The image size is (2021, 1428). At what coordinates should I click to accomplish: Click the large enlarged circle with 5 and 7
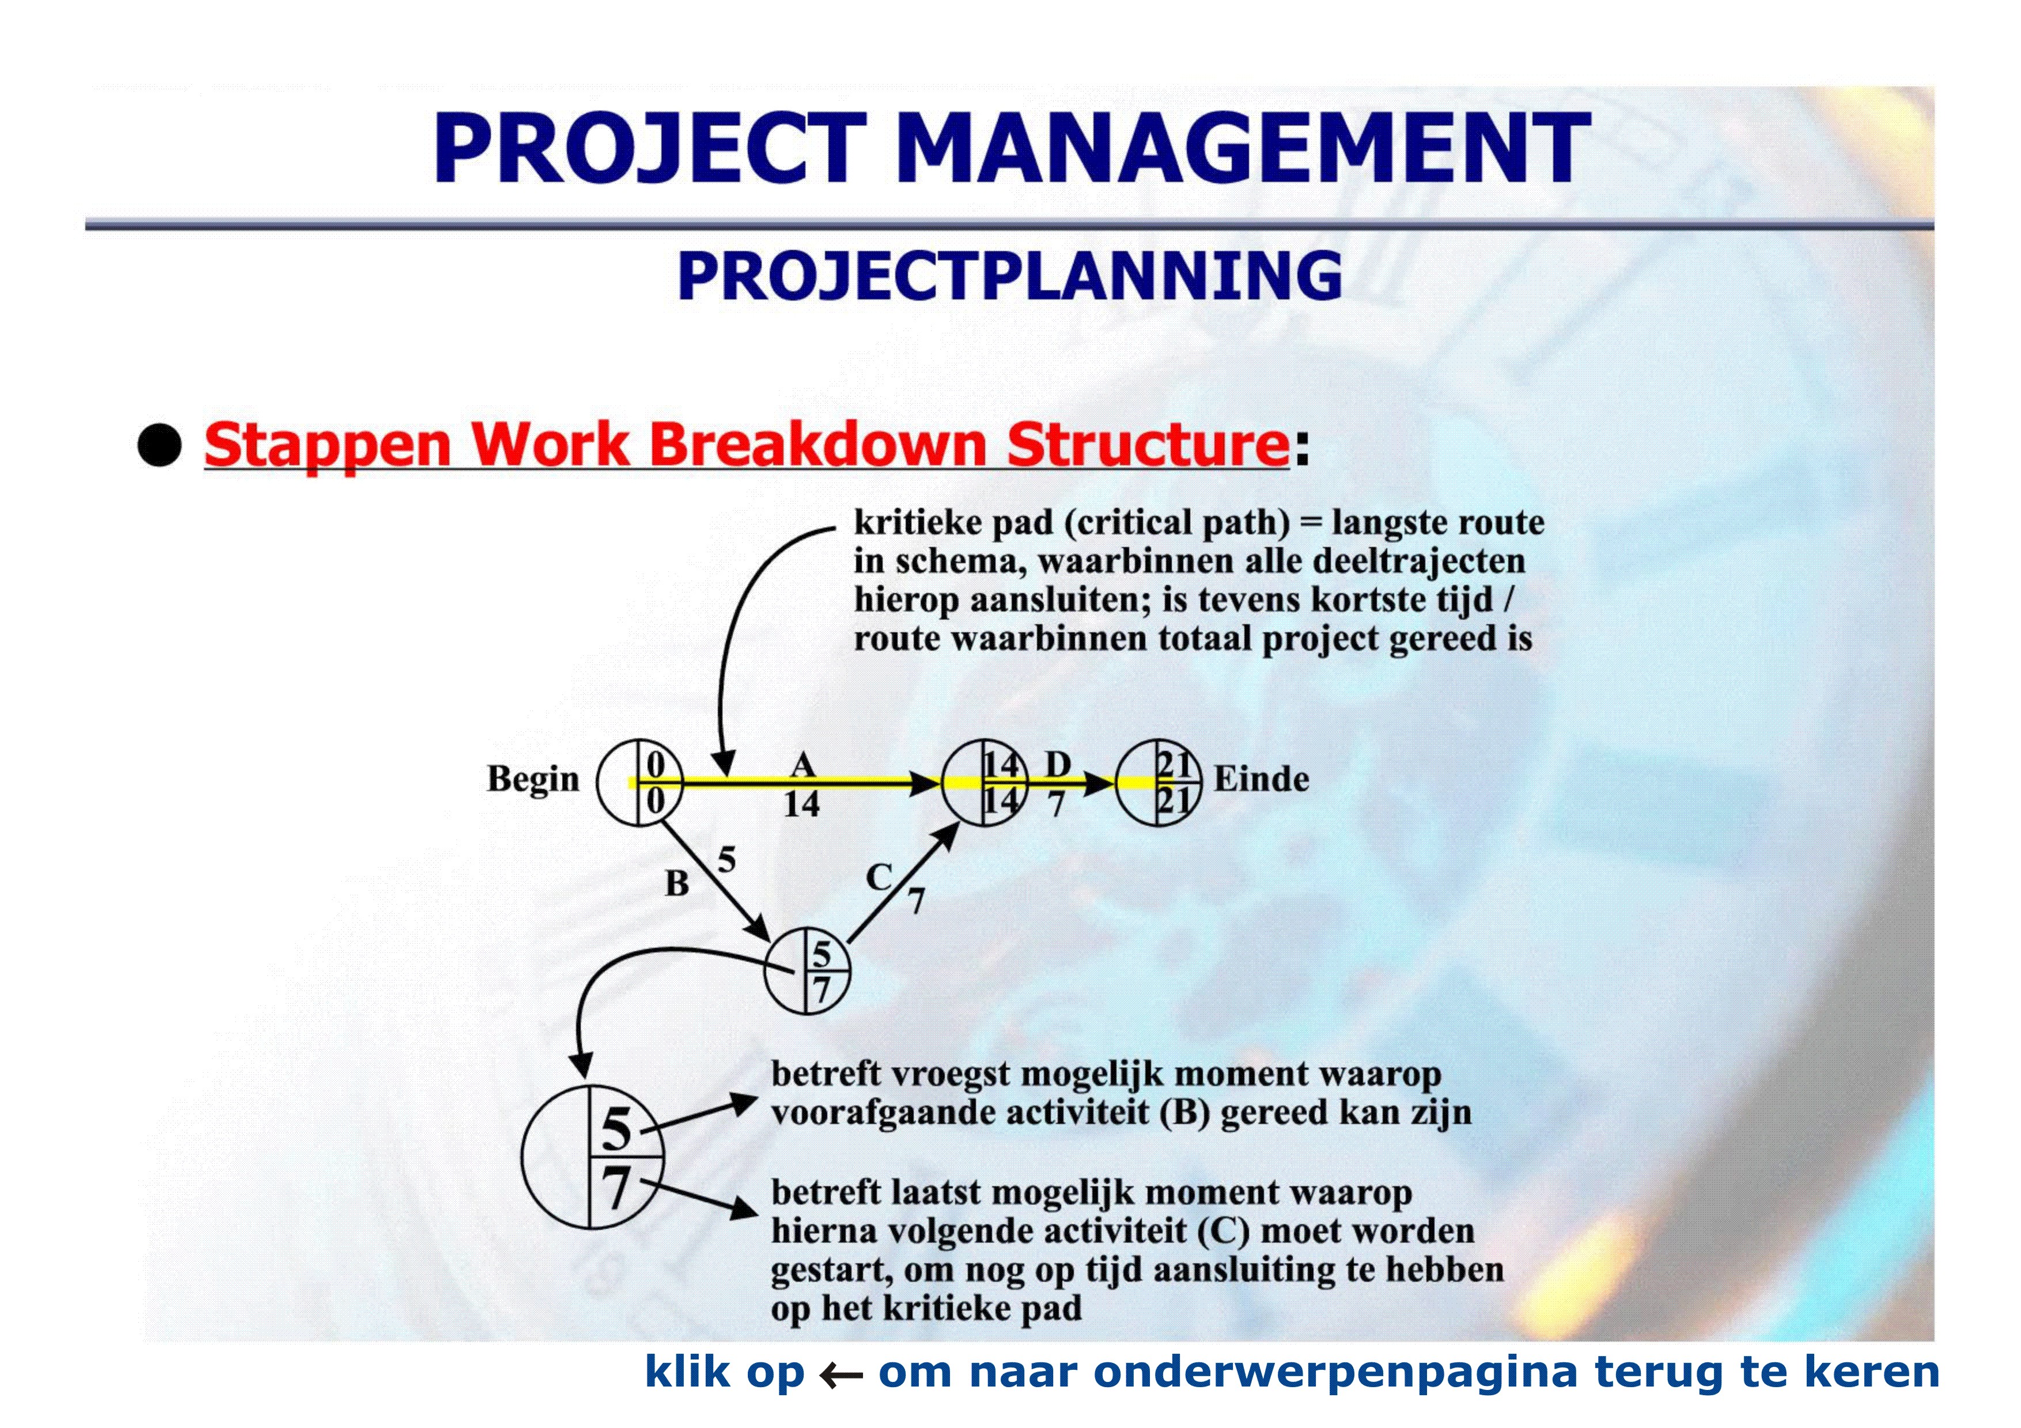click(592, 1157)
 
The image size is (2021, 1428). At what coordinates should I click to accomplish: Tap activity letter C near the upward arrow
click(879, 877)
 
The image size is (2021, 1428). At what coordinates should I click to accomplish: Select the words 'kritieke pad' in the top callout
click(953, 523)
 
